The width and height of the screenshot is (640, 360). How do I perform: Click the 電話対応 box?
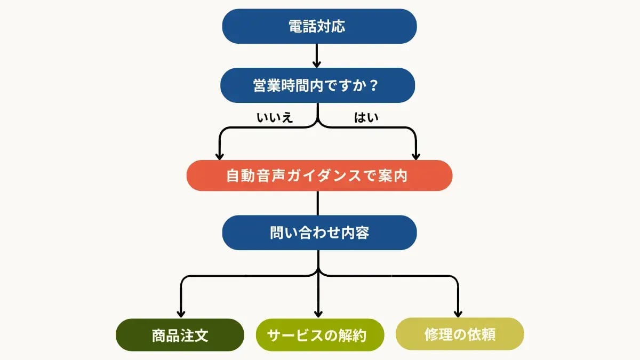(x=319, y=27)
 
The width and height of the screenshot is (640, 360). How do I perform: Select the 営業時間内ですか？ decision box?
(x=318, y=85)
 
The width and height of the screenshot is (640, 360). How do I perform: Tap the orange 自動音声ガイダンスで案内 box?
(x=319, y=175)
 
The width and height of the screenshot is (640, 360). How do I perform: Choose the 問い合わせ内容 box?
(x=319, y=233)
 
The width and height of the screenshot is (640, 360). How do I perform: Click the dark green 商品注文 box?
(x=180, y=335)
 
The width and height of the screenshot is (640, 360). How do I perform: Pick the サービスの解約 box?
(x=319, y=335)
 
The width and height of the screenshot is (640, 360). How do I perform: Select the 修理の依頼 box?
(x=460, y=334)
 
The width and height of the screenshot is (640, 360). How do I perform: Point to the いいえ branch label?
(x=275, y=118)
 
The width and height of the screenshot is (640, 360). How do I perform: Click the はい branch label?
(x=366, y=118)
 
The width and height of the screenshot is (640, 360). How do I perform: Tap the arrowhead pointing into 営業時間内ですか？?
(x=317, y=64)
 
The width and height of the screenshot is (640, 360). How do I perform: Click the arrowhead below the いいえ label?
(x=219, y=155)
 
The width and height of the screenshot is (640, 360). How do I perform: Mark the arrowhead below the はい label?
(x=416, y=155)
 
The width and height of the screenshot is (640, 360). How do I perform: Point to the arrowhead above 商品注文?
(x=181, y=314)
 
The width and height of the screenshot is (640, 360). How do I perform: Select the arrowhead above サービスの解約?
(x=318, y=314)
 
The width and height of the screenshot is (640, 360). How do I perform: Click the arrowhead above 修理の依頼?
(x=458, y=314)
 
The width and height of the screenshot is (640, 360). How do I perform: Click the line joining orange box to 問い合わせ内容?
(x=318, y=203)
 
